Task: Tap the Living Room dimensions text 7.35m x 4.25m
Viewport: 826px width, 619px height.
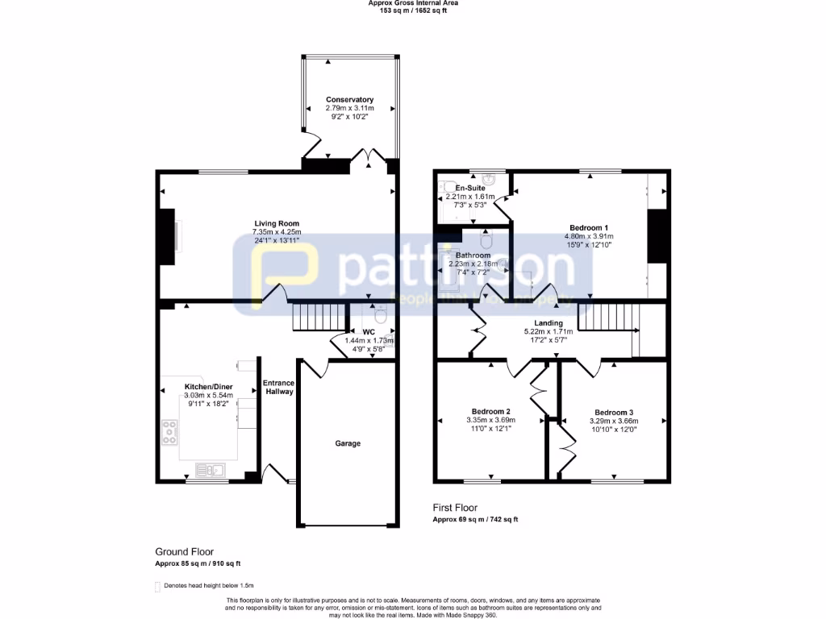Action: tap(277, 233)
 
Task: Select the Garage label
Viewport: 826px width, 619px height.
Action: tap(348, 443)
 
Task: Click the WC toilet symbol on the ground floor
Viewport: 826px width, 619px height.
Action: tap(382, 315)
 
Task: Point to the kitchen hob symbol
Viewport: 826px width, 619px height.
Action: tap(171, 433)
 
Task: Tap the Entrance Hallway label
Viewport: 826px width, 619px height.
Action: tap(278, 387)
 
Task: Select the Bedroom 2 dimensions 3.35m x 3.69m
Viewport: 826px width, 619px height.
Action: tap(490, 420)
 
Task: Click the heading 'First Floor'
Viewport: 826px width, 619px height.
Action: tap(455, 508)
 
